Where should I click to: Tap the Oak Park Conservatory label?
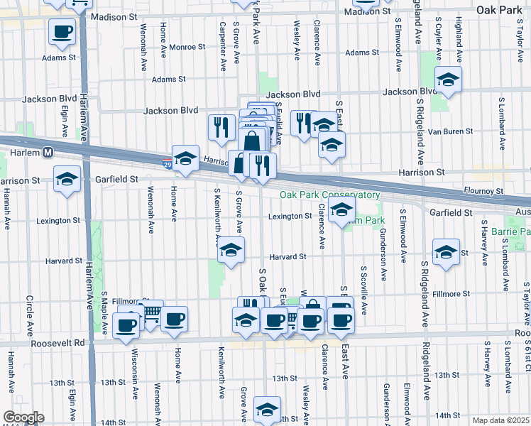(329, 195)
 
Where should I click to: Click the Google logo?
(23, 417)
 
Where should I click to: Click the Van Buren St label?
(451, 131)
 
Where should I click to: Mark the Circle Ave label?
(30, 314)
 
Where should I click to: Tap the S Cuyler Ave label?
(439, 40)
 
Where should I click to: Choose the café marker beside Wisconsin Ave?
(126, 326)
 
